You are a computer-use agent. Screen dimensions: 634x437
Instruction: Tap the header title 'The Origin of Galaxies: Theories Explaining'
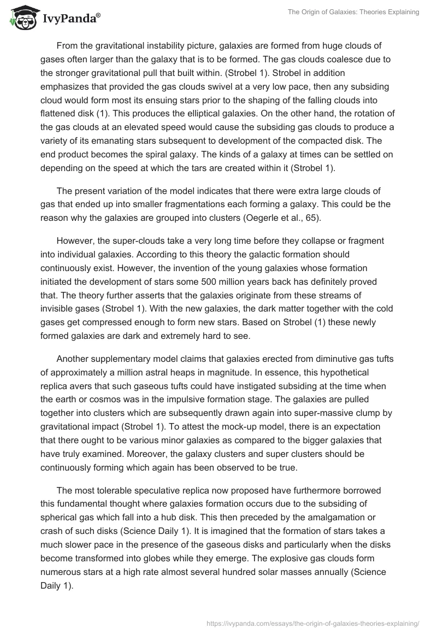point(354,12)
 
